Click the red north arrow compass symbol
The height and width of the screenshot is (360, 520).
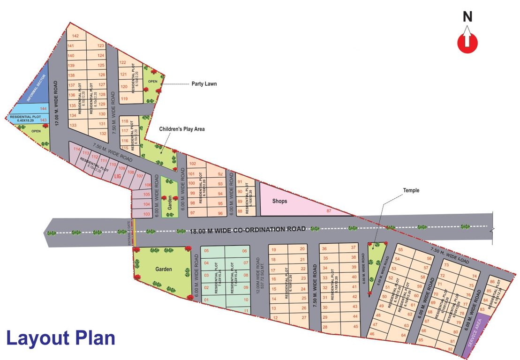tap(467, 41)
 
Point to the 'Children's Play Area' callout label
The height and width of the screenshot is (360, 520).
tap(181, 129)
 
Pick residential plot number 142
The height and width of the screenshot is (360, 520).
tap(75, 36)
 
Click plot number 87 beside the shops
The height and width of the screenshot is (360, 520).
tap(329, 212)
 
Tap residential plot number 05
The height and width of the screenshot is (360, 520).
tap(206, 251)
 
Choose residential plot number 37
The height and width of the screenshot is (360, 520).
tap(354, 247)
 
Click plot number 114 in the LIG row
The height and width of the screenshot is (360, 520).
tap(77, 149)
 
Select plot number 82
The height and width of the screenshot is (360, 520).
tap(451, 349)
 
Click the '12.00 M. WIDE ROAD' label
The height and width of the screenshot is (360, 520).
tap(56, 103)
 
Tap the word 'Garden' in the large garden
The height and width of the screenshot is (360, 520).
tap(164, 270)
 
